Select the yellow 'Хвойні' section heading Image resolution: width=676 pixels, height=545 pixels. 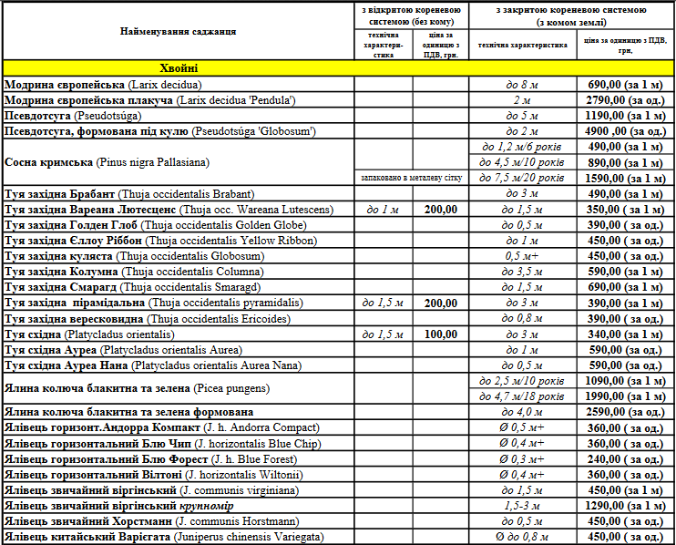[179, 68]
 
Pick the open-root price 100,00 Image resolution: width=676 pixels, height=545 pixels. [441, 334]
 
